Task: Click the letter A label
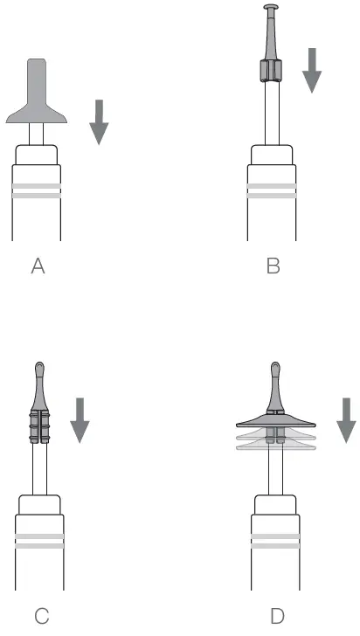[38, 267]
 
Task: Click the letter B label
[273, 267]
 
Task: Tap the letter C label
[40, 617]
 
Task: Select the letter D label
[277, 617]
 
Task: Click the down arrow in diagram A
[100, 121]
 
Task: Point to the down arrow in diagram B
[312, 72]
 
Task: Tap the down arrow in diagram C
[80, 419]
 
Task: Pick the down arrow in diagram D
[347, 419]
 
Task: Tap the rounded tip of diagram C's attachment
[39, 368]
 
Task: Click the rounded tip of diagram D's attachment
[277, 368]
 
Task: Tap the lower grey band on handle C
[40, 546]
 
